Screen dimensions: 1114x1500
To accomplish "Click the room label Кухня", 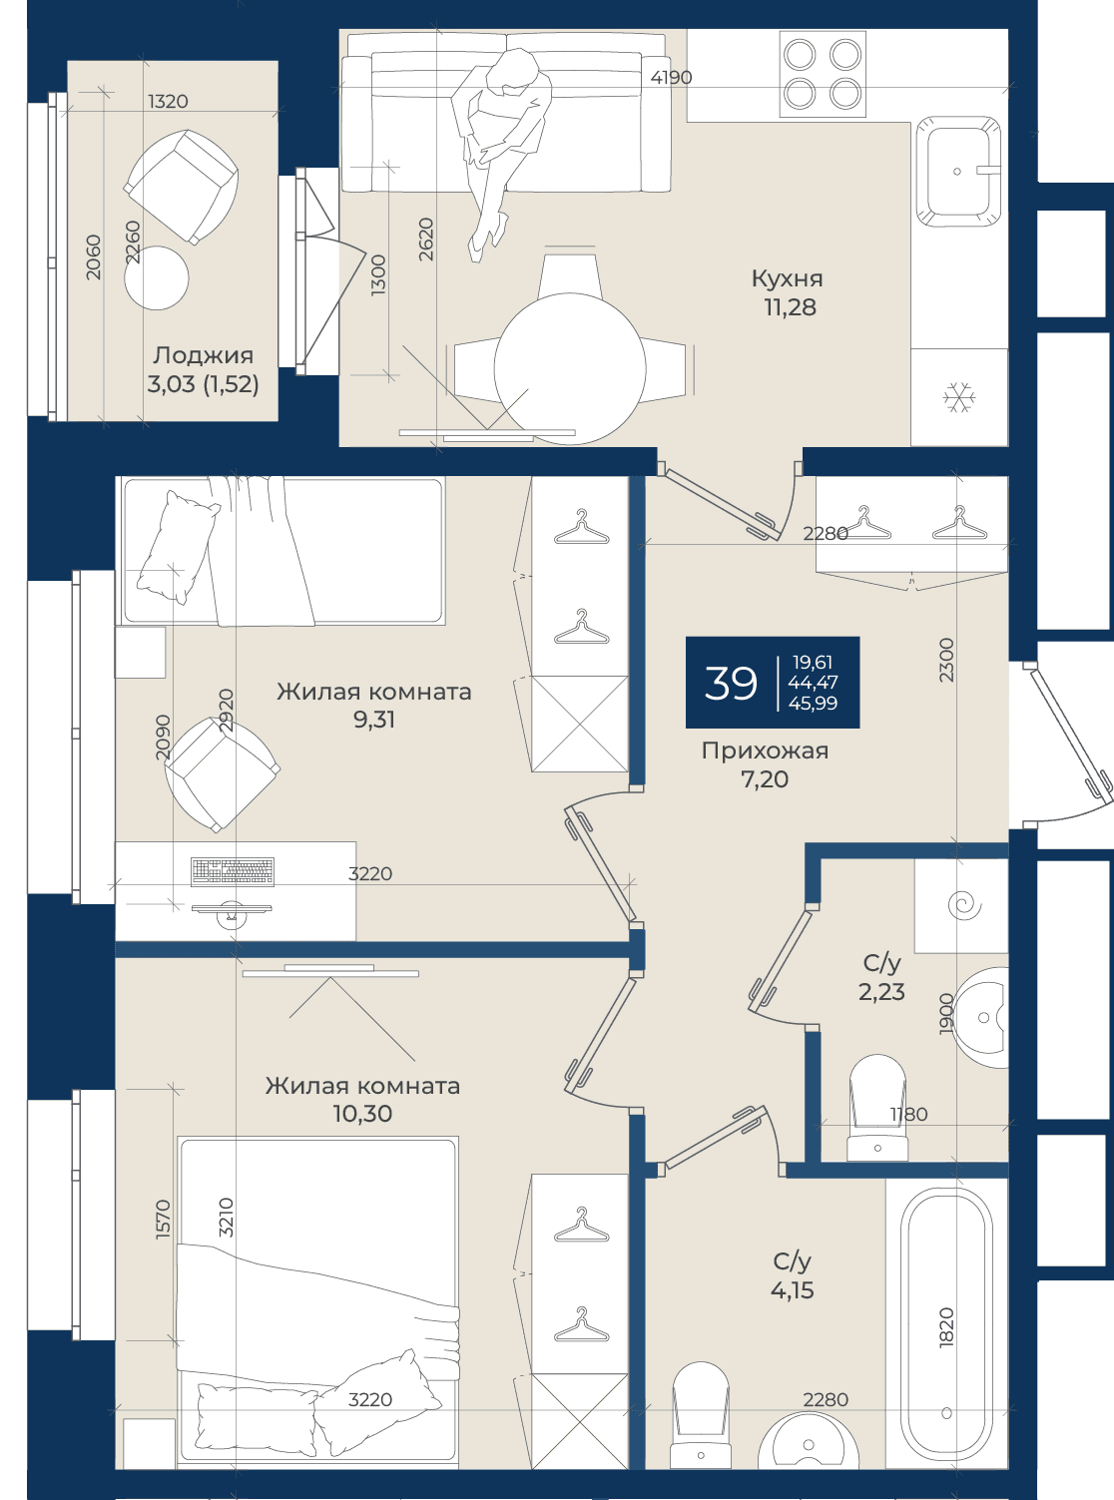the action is pyautogui.click(x=787, y=278).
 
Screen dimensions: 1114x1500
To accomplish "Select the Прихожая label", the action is pyautogui.click(x=765, y=750).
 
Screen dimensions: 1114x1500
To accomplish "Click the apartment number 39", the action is pyautogui.click(x=731, y=683).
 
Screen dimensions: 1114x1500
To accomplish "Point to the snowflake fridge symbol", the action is pyautogui.click(x=959, y=397).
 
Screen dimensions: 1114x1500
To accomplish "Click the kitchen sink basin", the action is pyautogui.click(x=957, y=171).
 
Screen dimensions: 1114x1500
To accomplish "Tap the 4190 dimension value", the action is pyautogui.click(x=671, y=78).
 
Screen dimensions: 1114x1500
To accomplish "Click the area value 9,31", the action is pyautogui.click(x=374, y=720).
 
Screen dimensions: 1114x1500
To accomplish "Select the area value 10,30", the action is pyautogui.click(x=362, y=1113).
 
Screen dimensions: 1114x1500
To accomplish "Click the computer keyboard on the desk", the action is pyautogui.click(x=233, y=871).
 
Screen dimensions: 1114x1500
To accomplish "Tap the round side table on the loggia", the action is pyautogui.click(x=157, y=277).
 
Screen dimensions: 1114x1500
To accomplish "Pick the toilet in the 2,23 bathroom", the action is pyautogui.click(x=877, y=1107).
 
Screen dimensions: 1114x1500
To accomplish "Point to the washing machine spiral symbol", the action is pyautogui.click(x=963, y=905).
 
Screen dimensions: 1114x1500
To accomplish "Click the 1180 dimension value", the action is pyautogui.click(x=908, y=1114).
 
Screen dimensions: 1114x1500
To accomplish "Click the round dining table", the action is pyautogui.click(x=570, y=368).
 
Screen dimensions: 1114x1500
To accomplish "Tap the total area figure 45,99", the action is pyautogui.click(x=813, y=704).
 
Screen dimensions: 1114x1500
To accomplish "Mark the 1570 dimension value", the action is pyautogui.click(x=163, y=1220).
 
